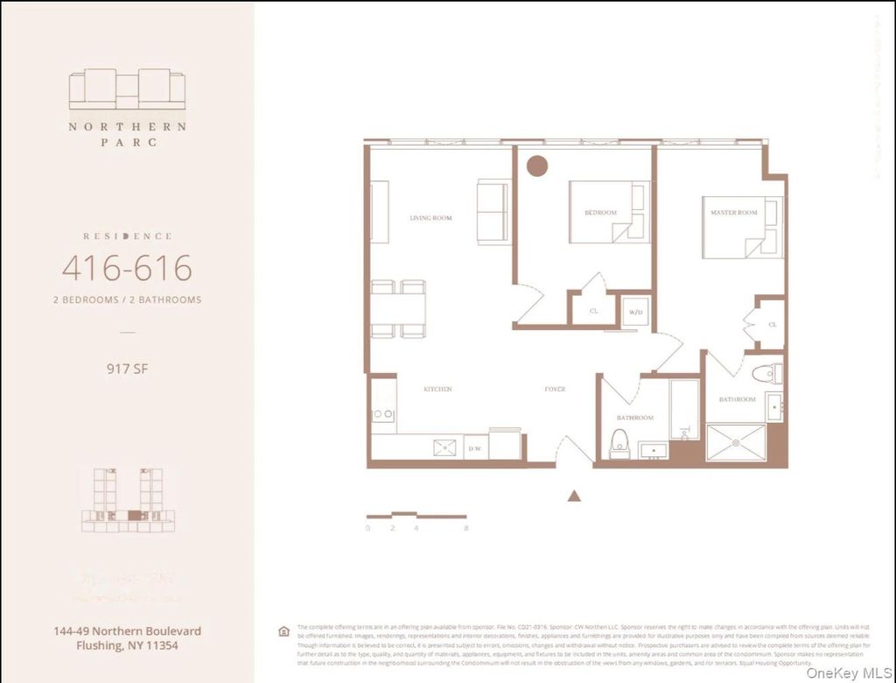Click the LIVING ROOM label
coord(430,217)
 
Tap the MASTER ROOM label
coord(734,213)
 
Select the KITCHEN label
coord(437,389)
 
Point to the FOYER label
coord(555,389)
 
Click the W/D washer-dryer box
coord(635,312)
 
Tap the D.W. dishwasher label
coord(475,448)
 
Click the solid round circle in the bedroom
coord(536,165)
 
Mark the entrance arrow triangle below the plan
coord(574,496)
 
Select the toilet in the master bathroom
coord(765,374)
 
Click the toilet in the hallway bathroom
coord(619,444)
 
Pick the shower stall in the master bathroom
coord(735,442)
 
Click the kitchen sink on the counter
coord(444,447)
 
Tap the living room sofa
coord(493,212)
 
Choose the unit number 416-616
coord(127,268)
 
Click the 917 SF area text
coord(127,369)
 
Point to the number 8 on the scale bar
coord(466,528)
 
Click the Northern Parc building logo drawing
coord(127,89)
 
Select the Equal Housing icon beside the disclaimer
coord(283,631)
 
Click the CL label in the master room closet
coord(773,324)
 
